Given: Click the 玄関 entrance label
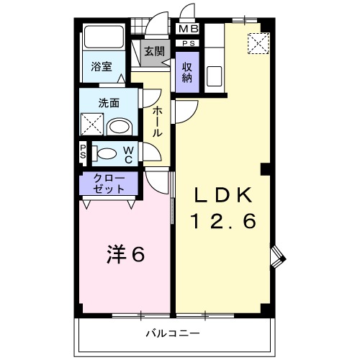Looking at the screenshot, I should tap(153, 52).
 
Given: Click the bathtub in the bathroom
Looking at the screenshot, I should tap(104, 40).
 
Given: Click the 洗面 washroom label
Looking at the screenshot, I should tap(109, 103).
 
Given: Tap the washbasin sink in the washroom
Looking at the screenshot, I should tap(117, 127).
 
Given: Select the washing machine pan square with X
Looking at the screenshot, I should tap(91, 125).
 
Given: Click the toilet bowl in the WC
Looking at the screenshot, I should tap(107, 153).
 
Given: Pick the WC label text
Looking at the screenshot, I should tap(128, 153).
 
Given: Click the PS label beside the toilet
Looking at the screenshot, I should tap(84, 153).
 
